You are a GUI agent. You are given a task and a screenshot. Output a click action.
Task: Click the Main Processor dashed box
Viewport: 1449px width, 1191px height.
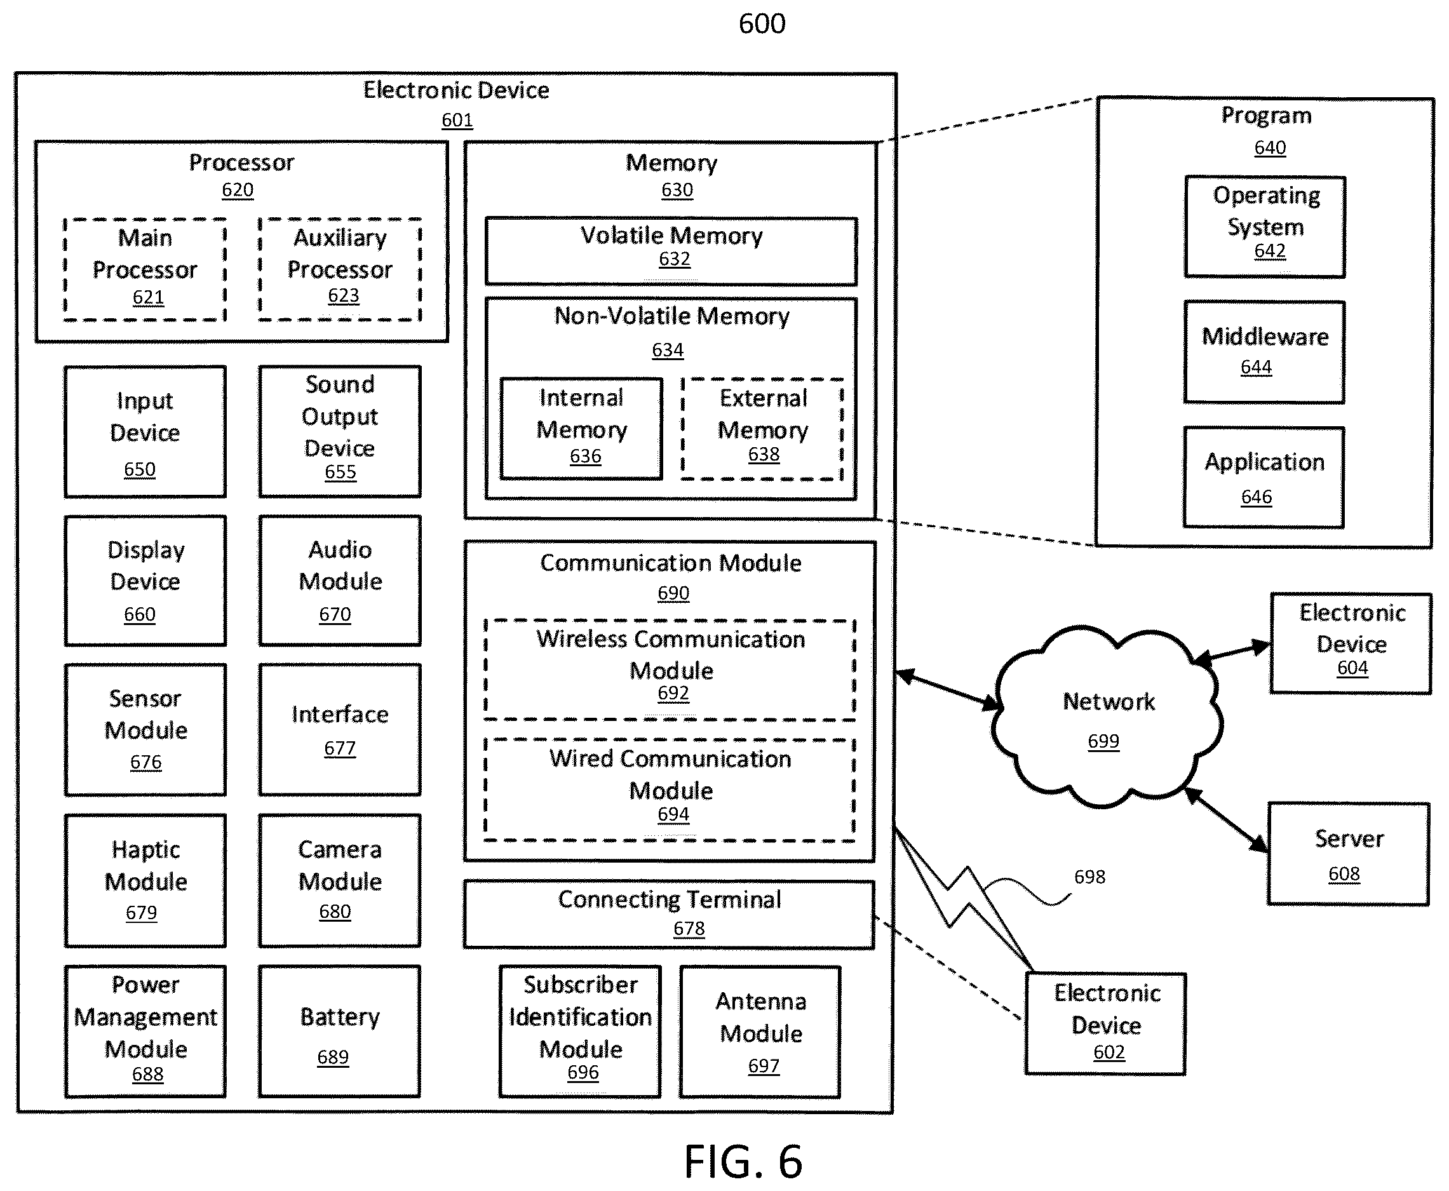pyautogui.click(x=145, y=269)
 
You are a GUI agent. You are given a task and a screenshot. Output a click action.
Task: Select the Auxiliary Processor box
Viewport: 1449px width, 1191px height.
pyautogui.click(x=340, y=269)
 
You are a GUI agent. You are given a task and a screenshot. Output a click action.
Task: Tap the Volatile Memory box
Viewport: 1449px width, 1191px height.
pyautogui.click(x=671, y=251)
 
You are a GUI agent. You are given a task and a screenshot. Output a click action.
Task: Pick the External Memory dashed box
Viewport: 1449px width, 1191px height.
pyautogui.click(x=762, y=429)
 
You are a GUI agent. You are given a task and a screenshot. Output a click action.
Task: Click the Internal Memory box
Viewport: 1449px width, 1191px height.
pyautogui.click(x=581, y=429)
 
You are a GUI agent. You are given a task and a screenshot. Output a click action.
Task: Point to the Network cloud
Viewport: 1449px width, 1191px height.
pyautogui.click(x=1107, y=717)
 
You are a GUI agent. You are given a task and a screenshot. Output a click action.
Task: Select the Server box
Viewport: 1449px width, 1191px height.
pyautogui.click(x=1349, y=854)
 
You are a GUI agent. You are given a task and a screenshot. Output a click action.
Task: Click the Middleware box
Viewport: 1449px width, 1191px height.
pyautogui.click(x=1264, y=352)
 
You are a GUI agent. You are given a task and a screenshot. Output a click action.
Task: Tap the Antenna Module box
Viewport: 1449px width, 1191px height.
pyautogui.click(x=760, y=1032)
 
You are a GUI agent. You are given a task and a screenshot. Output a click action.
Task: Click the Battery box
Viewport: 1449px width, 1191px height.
pyautogui.click(x=340, y=1032)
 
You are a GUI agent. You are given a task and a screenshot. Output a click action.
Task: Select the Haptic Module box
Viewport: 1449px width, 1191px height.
pyautogui.click(x=145, y=881)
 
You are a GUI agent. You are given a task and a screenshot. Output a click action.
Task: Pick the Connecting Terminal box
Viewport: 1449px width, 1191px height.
pyautogui.click(x=669, y=915)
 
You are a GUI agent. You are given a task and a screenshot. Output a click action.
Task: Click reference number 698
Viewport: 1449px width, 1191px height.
pyautogui.click(x=1089, y=877)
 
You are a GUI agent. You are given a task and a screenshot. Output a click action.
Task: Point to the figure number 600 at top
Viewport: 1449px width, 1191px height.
pyautogui.click(x=762, y=24)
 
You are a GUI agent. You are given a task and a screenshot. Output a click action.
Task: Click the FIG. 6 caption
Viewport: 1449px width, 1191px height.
pyautogui.click(x=743, y=1162)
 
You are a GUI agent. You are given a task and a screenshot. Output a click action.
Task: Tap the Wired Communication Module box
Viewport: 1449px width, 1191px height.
pyautogui.click(x=670, y=790)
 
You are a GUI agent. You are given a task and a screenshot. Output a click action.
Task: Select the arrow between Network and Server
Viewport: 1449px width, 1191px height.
pyautogui.click(x=1226, y=821)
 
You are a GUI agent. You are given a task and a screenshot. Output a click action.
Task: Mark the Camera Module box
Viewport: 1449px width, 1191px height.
pyautogui.click(x=340, y=881)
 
